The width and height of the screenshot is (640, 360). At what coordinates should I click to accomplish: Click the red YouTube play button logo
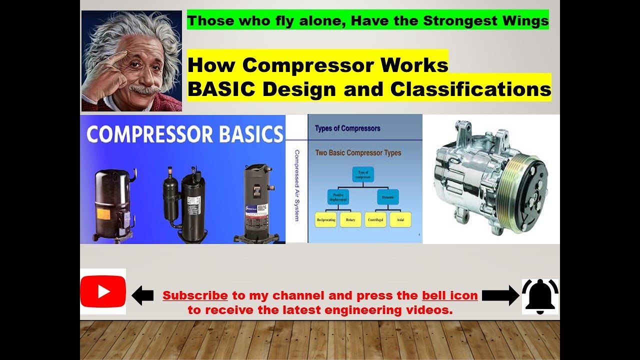(x=103, y=291)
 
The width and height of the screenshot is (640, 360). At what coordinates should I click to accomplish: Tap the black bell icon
(x=540, y=296)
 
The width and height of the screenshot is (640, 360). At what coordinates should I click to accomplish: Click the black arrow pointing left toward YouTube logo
(x=142, y=295)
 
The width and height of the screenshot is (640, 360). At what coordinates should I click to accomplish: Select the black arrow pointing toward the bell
(x=500, y=295)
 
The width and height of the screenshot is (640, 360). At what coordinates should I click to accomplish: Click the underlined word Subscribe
(x=195, y=295)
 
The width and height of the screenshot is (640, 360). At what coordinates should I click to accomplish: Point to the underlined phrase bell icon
(x=449, y=295)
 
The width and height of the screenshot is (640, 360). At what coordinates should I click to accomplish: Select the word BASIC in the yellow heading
(x=221, y=89)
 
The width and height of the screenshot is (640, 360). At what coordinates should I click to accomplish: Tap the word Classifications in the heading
(x=470, y=89)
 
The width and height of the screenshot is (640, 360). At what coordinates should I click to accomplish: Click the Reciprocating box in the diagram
(x=325, y=219)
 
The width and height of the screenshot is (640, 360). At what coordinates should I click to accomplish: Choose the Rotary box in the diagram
(x=350, y=219)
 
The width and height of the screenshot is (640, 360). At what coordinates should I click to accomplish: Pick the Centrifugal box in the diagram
(x=375, y=219)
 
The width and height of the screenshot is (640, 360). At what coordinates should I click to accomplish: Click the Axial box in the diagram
(x=400, y=219)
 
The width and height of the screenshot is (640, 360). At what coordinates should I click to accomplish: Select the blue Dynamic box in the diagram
(x=387, y=196)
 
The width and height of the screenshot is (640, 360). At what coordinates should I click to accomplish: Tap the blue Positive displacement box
(x=338, y=196)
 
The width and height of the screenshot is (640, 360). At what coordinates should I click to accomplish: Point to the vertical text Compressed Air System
(x=296, y=186)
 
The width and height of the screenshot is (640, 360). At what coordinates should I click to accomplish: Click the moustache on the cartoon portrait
(x=145, y=90)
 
